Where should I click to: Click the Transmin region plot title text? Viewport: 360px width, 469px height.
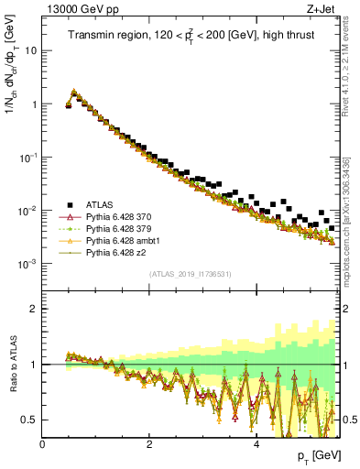tap(191, 36)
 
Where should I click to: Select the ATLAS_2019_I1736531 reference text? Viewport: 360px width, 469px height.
tap(190, 274)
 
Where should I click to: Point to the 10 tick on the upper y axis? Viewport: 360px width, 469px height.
tap(30, 51)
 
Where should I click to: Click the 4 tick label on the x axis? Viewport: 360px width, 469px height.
tap(256, 444)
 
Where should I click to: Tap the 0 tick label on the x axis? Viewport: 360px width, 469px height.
tap(43, 444)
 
